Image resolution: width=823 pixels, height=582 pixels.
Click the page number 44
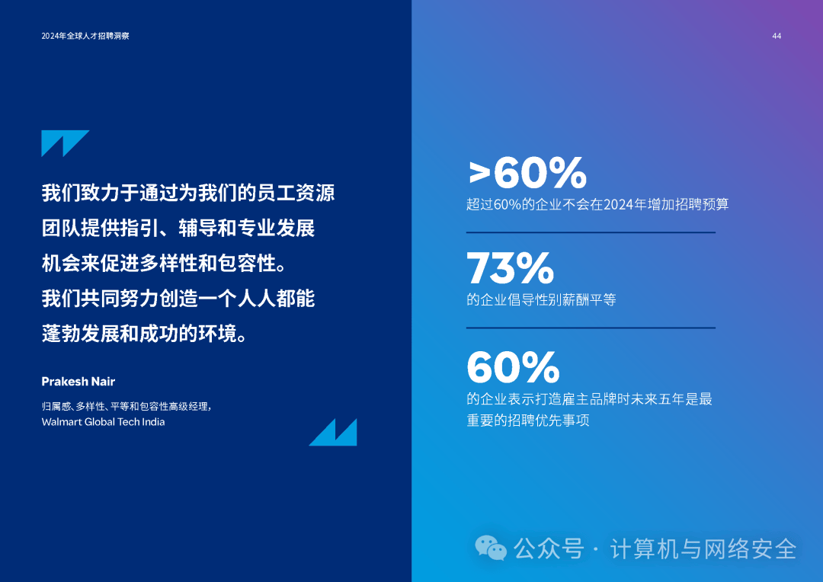777,37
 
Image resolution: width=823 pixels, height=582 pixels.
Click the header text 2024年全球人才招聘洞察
85,37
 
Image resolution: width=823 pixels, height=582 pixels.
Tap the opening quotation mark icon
65,143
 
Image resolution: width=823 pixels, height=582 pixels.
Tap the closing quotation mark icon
333,432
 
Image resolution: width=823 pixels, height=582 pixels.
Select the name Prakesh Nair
78,381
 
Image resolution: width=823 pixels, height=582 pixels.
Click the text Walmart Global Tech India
103,422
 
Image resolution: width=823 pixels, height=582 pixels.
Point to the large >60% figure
527,173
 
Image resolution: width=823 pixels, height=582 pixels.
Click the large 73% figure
510,267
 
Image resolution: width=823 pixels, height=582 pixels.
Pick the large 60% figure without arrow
513,367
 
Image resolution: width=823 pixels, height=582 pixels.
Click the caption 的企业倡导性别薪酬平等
541,300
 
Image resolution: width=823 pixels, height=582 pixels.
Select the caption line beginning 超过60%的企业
597,204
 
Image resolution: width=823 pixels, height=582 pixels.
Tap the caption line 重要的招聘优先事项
528,420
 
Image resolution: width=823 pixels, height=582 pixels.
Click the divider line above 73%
591,232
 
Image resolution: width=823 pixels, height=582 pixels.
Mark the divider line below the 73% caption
591,328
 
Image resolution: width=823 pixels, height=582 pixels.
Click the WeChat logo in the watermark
491,548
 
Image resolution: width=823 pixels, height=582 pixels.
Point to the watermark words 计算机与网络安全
703,548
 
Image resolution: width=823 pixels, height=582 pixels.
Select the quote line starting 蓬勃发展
145,333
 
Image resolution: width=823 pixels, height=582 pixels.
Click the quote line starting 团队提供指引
178,228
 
